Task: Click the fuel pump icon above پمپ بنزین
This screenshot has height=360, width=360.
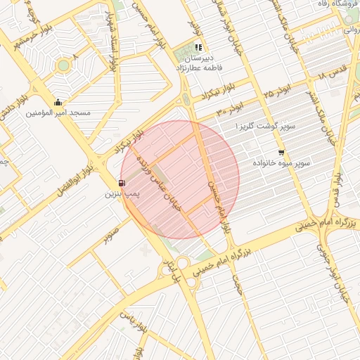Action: [123, 184]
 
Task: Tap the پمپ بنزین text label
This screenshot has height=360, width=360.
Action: [123, 193]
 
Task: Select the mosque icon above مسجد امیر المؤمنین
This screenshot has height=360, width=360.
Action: [58, 102]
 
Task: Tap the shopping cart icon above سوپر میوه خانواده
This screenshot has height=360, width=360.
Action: [281, 153]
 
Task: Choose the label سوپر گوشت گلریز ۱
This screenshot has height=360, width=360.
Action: [278, 127]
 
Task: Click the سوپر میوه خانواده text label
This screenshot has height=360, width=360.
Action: [282, 163]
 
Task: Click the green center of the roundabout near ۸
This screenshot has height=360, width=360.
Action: [64, 65]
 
